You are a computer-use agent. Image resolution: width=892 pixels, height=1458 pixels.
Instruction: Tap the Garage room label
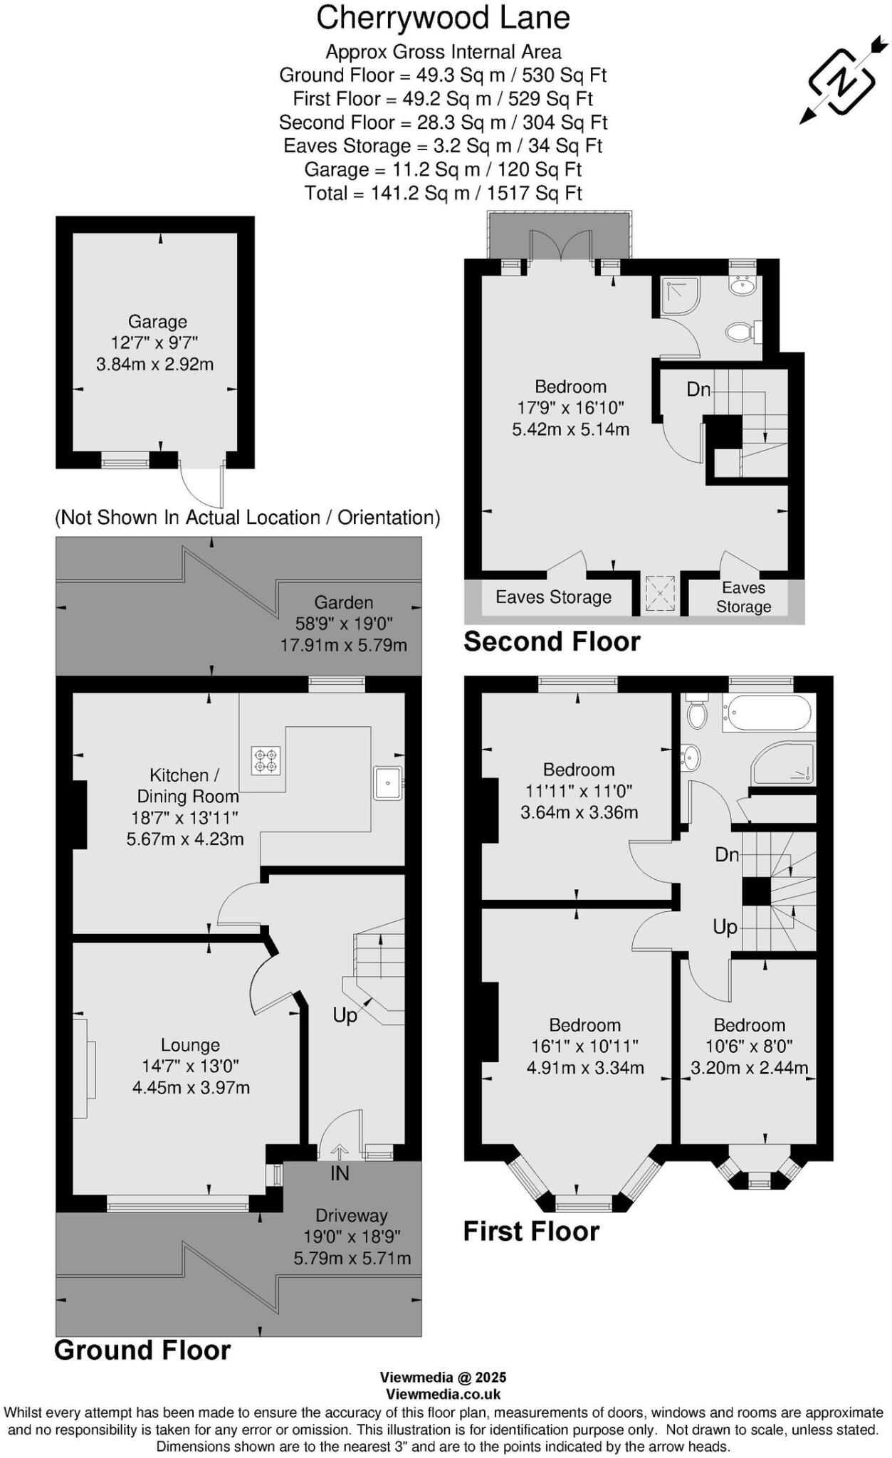click(x=157, y=322)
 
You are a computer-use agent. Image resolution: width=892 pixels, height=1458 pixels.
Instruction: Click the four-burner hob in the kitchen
click(x=266, y=760)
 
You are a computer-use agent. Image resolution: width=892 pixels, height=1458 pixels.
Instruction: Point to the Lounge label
click(x=190, y=1045)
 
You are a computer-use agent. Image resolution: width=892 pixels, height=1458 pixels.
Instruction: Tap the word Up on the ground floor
click(x=345, y=1015)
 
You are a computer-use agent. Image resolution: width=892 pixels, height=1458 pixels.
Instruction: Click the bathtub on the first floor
click(x=767, y=713)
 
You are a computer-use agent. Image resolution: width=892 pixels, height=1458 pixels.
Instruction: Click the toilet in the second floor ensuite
click(x=740, y=332)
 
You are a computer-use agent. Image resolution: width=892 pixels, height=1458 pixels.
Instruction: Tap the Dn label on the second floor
click(x=698, y=389)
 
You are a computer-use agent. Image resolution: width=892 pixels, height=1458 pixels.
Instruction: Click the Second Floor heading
click(x=552, y=641)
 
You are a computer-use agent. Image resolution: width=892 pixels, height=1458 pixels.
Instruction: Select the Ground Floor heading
click(x=142, y=1351)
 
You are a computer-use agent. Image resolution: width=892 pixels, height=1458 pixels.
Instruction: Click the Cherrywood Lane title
click(x=443, y=19)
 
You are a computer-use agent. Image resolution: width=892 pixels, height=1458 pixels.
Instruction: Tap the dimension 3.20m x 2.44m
click(x=749, y=1068)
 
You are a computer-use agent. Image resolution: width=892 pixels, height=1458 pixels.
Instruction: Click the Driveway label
click(x=352, y=1215)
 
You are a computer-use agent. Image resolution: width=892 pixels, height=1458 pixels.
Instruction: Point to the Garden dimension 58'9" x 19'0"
click(x=344, y=624)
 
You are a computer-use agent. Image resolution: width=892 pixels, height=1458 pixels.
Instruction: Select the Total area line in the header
click(x=443, y=193)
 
